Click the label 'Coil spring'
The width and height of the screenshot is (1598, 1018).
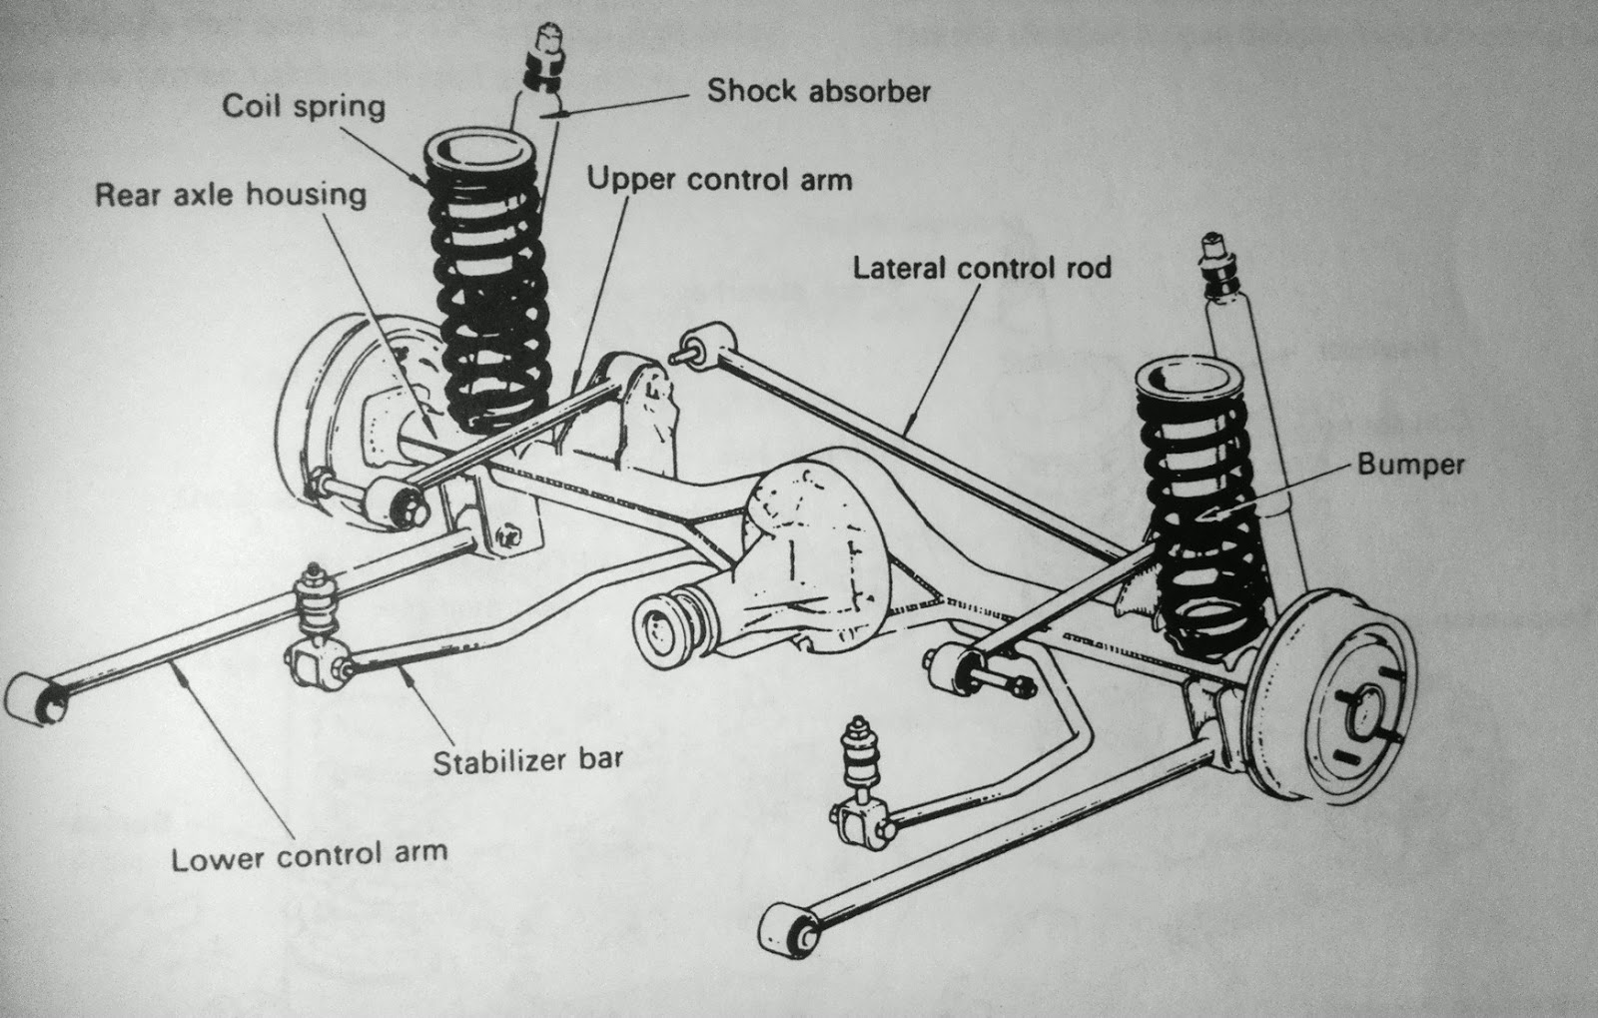[303, 106]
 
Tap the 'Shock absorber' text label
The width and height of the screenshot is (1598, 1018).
[818, 92]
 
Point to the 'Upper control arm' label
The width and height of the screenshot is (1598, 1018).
[719, 180]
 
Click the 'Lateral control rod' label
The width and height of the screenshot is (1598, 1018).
[982, 268]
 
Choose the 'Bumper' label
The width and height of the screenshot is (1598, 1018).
[1410, 465]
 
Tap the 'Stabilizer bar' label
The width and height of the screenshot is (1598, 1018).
[527, 760]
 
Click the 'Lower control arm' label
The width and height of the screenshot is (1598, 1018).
[309, 857]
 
